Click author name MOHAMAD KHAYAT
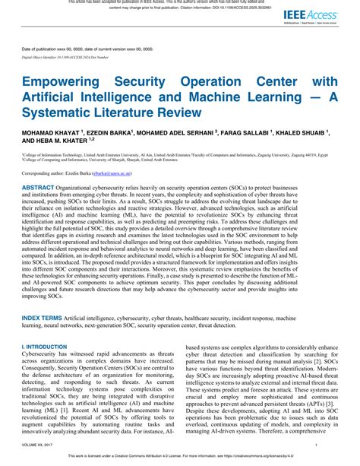point(47,132)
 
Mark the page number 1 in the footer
point(337,449)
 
